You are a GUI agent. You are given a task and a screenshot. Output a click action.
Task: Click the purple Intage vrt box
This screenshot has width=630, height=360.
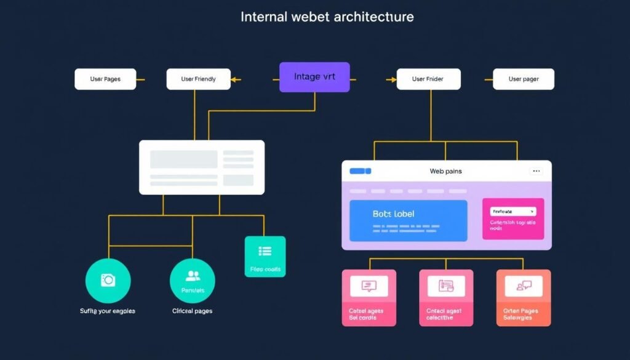(x=314, y=77)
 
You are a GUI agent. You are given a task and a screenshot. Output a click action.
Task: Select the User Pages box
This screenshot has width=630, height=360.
(x=105, y=79)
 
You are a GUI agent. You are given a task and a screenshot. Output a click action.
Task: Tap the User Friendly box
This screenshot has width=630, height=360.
(x=198, y=79)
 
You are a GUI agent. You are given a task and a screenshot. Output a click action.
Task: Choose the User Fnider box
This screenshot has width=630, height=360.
(x=428, y=79)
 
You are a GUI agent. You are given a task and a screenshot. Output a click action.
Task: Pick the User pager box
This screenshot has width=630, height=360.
(x=524, y=79)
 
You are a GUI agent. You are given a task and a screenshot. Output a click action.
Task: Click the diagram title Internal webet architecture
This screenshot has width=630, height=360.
(x=327, y=17)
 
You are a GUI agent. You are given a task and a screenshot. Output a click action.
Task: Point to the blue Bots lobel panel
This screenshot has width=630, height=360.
(x=408, y=220)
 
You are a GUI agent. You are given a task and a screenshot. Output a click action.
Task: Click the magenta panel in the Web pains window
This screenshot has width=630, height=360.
(x=513, y=218)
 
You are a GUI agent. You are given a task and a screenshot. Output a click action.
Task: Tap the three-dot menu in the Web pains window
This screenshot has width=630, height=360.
(x=536, y=171)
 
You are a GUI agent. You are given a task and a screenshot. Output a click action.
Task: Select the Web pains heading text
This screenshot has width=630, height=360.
(x=445, y=171)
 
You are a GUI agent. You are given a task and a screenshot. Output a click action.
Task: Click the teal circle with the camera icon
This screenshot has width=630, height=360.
(x=108, y=281)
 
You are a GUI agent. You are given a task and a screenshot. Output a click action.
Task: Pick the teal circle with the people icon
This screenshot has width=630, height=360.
(x=193, y=281)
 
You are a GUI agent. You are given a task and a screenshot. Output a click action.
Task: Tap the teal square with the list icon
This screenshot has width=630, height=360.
(x=265, y=256)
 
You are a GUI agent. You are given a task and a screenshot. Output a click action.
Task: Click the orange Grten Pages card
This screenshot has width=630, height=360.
(x=523, y=297)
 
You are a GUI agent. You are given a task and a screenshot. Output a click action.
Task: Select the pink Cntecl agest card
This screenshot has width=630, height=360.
(x=446, y=297)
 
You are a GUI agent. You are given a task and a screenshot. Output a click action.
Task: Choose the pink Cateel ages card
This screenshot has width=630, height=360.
(x=369, y=297)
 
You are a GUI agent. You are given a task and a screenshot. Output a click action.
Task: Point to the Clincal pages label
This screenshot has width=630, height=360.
(x=193, y=311)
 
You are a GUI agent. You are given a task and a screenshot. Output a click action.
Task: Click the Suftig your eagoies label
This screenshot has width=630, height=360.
(x=108, y=311)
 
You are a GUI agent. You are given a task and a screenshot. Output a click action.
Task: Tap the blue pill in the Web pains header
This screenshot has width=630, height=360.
(x=360, y=171)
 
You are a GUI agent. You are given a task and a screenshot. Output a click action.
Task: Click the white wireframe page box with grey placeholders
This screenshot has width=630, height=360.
(x=202, y=167)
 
